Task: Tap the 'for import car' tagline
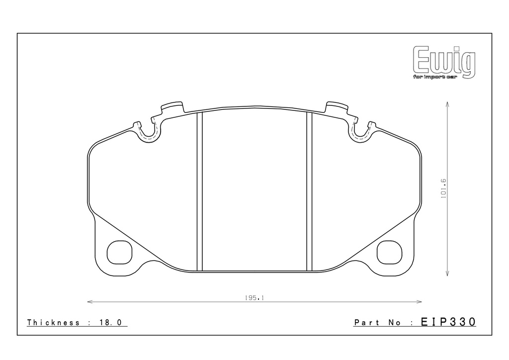pyautogui.click(x=434, y=77)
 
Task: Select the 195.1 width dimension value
pyautogui.click(x=254, y=297)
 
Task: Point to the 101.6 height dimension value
pyautogui.click(x=443, y=188)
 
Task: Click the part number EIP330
pyautogui.click(x=448, y=322)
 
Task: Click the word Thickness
pyautogui.click(x=53, y=322)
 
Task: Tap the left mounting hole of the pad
pyautogui.click(x=119, y=252)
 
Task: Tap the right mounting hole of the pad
pyautogui.click(x=390, y=252)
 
